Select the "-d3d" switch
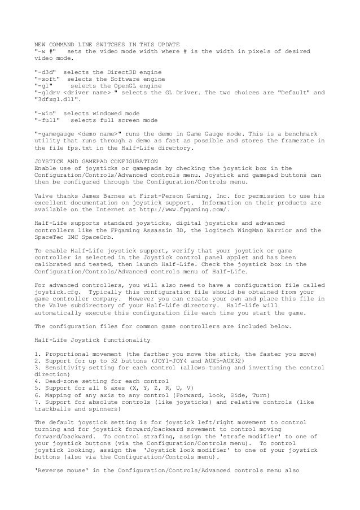coord(47,73)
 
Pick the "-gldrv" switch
coord(49,93)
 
